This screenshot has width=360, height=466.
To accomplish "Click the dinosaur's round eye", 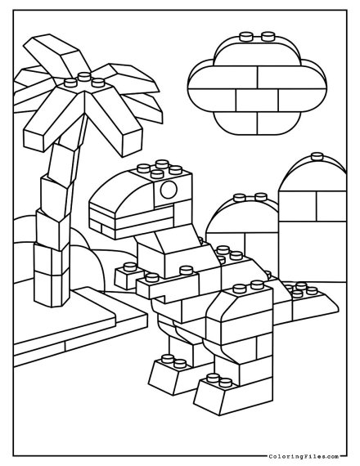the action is point(169,190).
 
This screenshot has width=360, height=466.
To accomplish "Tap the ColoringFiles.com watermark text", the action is point(304,456).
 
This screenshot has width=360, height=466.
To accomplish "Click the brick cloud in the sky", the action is point(258,84).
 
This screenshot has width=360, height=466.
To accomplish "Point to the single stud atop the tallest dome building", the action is point(317,156).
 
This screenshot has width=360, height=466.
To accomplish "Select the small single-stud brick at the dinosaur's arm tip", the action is point(128,276).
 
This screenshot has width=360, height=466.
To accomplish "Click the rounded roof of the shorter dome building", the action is point(241,217).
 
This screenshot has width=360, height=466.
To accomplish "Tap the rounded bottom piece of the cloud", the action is point(258,123).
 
